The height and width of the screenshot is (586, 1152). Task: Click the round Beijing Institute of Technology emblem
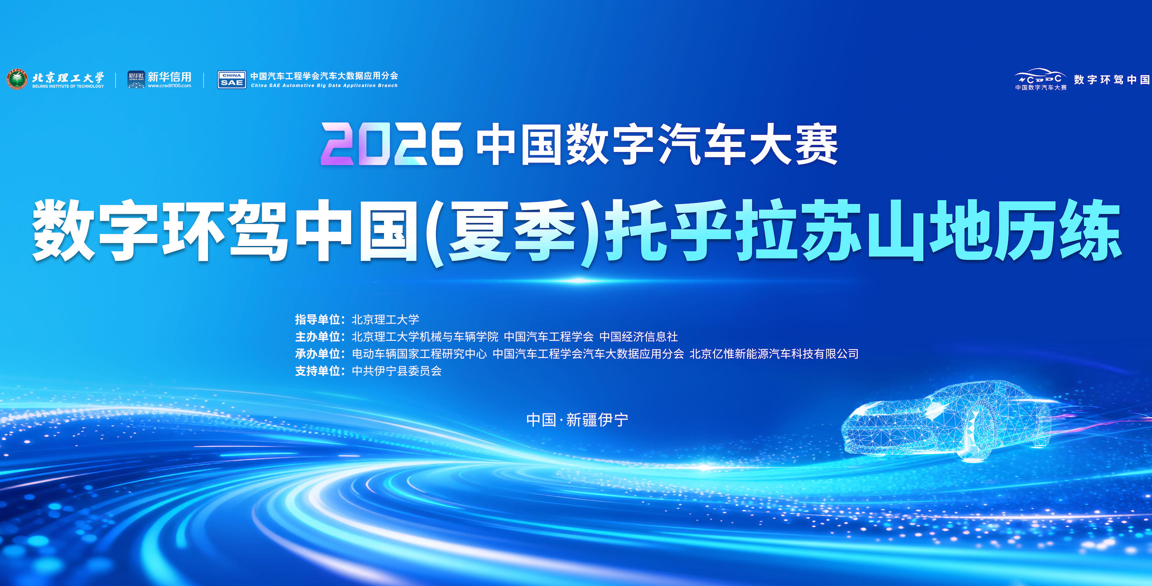click(17, 80)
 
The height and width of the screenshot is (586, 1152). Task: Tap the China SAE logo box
click(231, 80)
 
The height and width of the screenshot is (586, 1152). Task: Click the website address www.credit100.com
click(169, 86)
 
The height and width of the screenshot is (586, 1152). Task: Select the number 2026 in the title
click(392, 144)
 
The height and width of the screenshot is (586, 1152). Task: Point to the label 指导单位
click(318, 319)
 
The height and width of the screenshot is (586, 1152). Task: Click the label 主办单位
click(318, 336)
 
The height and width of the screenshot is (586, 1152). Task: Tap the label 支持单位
click(318, 371)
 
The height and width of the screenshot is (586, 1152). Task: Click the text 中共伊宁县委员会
click(397, 371)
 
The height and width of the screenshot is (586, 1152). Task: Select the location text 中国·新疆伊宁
click(577, 420)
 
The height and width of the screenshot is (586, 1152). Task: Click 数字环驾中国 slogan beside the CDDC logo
click(1112, 80)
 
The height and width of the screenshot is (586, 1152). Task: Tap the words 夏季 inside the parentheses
click(512, 231)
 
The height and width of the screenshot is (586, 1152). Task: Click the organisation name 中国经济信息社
click(638, 336)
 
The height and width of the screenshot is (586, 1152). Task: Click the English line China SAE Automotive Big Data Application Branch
click(324, 85)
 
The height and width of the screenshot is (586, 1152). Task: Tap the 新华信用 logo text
click(169, 76)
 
